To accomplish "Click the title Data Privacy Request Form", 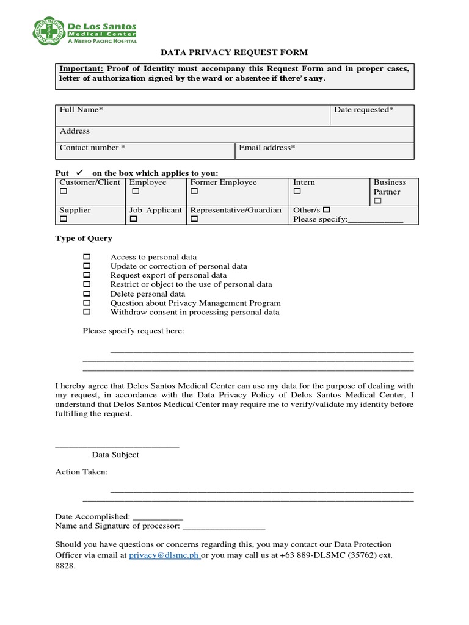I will tap(234, 53).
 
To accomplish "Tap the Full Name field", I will tap(192, 115).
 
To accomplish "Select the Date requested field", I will tap(372, 115).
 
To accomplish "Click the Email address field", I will tap(324, 151).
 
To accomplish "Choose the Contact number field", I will tap(145, 151).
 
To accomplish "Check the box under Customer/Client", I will tap(63, 192).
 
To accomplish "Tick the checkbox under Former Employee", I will tap(194, 192).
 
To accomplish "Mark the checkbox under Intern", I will tap(297, 192).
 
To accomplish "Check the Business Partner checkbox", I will tap(377, 201).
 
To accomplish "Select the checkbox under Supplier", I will tap(63, 219).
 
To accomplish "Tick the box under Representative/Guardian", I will tap(194, 219).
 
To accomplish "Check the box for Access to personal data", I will tap(87, 257).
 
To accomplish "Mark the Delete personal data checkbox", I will tap(87, 294).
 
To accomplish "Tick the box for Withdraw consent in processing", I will tap(87, 312).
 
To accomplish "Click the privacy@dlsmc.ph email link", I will tap(164, 555).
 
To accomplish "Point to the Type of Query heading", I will tap(84, 239).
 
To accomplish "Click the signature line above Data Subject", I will tap(117, 447).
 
